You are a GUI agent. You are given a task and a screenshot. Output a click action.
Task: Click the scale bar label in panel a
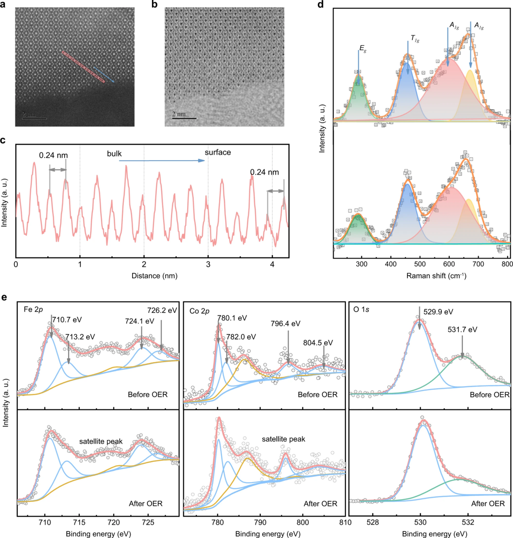[29, 114]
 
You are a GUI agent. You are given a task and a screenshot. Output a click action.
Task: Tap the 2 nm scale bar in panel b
[184, 118]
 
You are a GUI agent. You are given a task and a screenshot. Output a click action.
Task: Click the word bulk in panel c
[114, 154]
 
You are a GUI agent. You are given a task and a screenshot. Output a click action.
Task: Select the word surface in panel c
[217, 152]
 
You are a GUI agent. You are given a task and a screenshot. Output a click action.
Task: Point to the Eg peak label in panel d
[363, 49]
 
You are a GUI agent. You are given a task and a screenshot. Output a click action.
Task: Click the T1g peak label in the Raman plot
[415, 39]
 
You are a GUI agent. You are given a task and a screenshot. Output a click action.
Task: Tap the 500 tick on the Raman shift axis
[420, 264]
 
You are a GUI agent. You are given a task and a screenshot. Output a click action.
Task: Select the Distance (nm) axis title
[154, 276]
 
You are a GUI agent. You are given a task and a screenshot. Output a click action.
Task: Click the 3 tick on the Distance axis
[208, 265]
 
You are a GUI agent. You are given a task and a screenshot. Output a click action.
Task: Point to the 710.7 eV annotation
[67, 320]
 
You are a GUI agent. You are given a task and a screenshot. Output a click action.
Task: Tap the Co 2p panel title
[199, 311]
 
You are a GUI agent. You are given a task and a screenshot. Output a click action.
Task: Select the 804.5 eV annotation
[318, 343]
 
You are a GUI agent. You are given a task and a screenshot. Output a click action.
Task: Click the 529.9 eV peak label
[438, 312]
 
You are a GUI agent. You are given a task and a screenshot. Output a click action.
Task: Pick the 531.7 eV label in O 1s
[462, 330]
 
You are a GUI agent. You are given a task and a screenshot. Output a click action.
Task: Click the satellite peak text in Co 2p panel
[283, 439]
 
